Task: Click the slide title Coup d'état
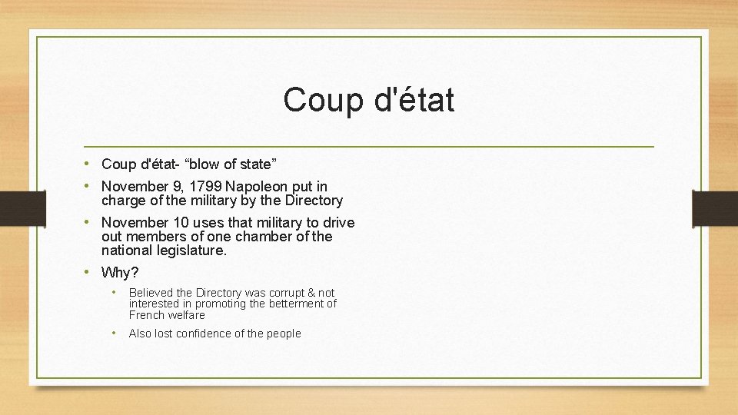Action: (368, 100)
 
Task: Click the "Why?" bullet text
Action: (120, 273)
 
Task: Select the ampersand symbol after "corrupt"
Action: (311, 293)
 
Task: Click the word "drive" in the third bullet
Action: (338, 223)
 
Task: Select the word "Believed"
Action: (151, 293)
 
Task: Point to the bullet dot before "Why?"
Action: (89, 272)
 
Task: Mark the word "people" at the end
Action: (284, 334)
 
